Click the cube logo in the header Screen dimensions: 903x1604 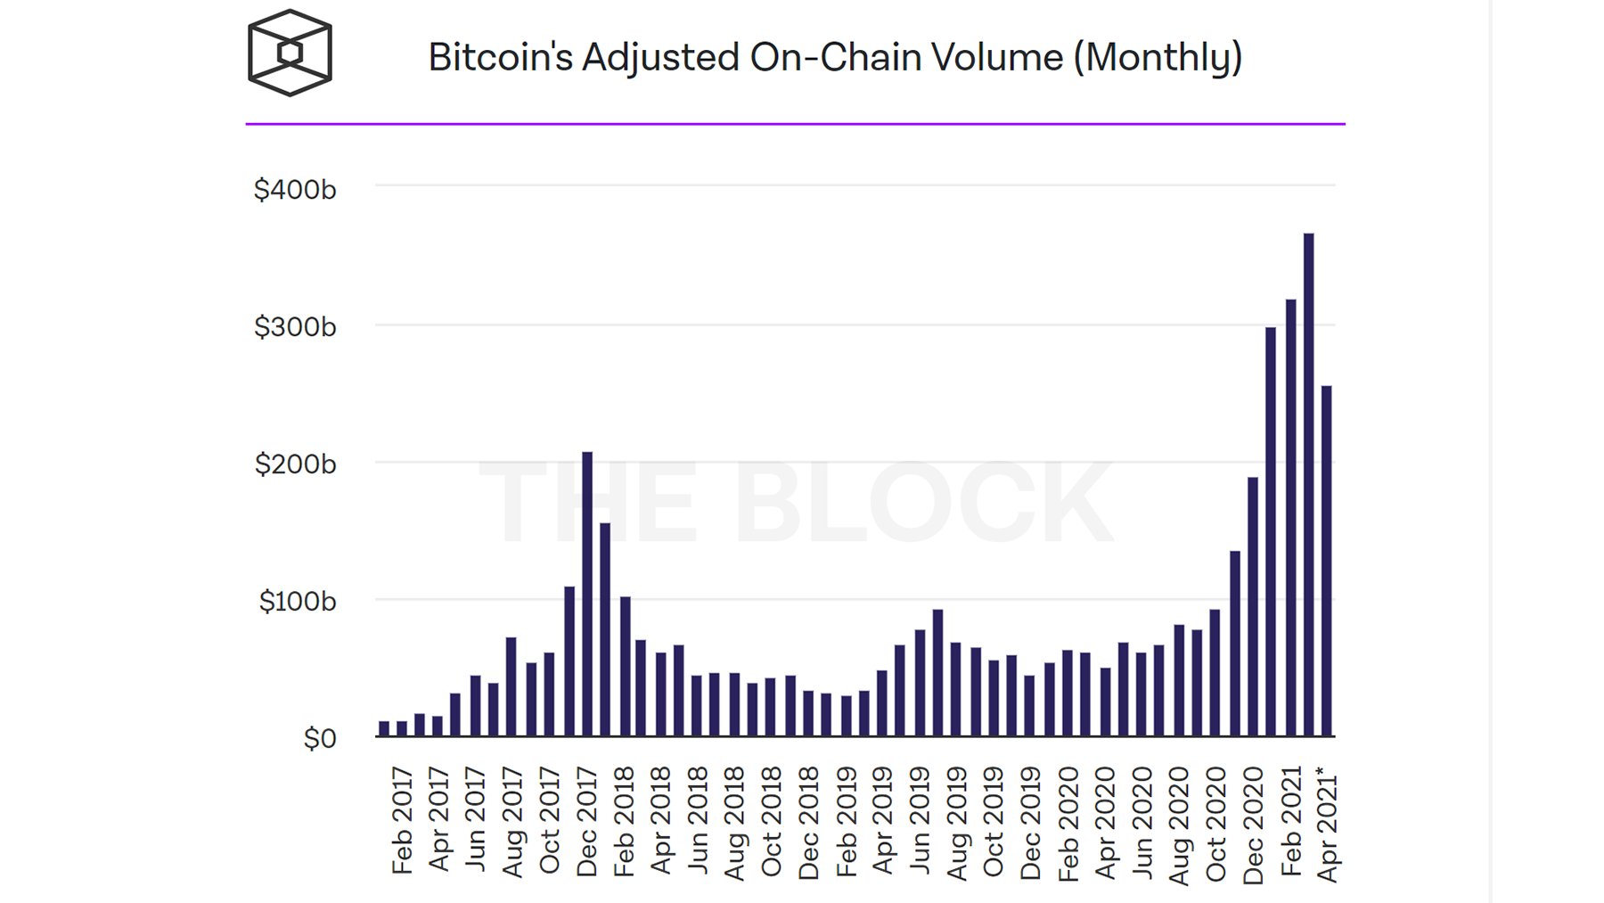pyautogui.click(x=290, y=53)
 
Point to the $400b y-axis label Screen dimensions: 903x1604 pyautogui.click(x=295, y=190)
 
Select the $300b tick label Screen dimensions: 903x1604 pyautogui.click(x=295, y=327)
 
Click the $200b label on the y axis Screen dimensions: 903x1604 pyautogui.click(x=295, y=464)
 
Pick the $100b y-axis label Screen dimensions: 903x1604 pyautogui.click(x=298, y=602)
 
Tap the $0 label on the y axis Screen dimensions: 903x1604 pyautogui.click(x=319, y=738)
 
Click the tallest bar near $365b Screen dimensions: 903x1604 pyautogui.click(x=1308, y=485)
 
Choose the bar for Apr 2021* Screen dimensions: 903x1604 pyautogui.click(x=1327, y=561)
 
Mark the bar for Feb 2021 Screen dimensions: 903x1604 pyautogui.click(x=1290, y=518)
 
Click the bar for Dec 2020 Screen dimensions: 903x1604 pyautogui.click(x=1253, y=607)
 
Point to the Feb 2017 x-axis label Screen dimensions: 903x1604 pyautogui.click(x=402, y=820)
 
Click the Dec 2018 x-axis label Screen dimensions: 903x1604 pyautogui.click(x=808, y=823)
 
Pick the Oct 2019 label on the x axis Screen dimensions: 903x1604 pyautogui.click(x=994, y=821)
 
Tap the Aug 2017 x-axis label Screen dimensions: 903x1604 pyautogui.click(x=512, y=822)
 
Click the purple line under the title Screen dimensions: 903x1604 pyautogui.click(x=795, y=124)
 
